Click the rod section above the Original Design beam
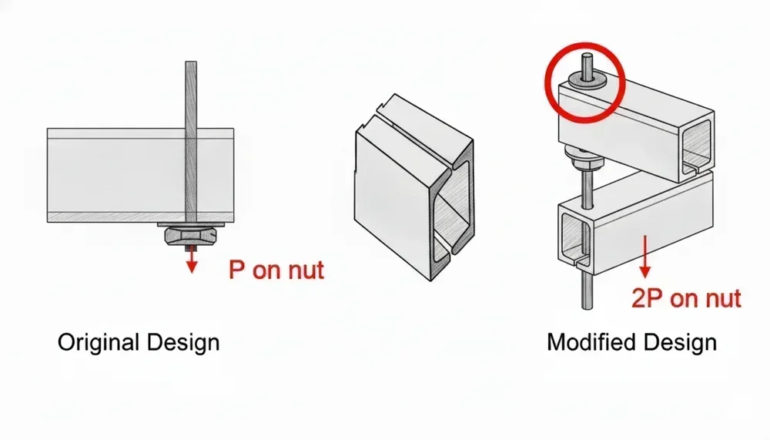pos(191,92)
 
